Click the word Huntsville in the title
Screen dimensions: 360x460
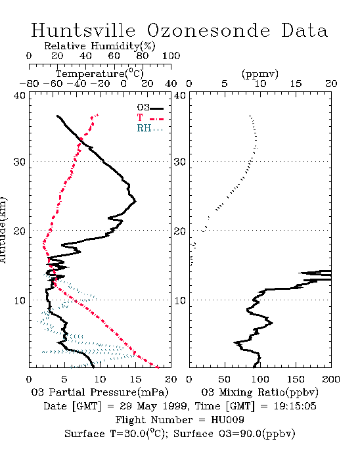83,30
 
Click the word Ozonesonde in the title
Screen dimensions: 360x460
208,30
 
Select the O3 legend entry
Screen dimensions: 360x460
150,108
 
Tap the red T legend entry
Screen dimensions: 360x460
150,118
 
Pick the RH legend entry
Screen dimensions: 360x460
150,128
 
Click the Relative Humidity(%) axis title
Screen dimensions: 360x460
100,46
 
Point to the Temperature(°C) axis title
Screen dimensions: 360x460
100,74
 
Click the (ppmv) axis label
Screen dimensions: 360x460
260,74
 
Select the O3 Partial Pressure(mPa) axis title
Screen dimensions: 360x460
100,392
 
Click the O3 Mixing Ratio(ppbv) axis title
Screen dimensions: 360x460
259,392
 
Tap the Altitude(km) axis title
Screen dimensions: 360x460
3,230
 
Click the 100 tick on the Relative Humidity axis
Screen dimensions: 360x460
171,56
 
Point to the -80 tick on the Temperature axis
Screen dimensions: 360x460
29,84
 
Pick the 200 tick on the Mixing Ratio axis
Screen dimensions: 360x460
331,379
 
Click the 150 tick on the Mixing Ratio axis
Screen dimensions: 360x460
296,379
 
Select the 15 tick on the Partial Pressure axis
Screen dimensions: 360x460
135,379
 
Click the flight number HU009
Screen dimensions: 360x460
227,420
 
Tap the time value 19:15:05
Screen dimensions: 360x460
295,406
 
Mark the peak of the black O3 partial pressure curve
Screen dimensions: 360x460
135,201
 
